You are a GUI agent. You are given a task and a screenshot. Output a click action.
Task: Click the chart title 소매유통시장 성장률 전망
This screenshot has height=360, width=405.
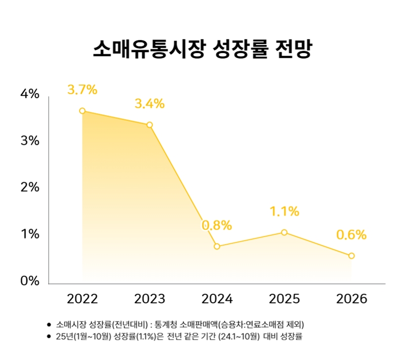click(x=202, y=49)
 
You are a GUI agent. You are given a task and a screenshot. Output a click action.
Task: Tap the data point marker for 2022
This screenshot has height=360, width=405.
click(x=82, y=111)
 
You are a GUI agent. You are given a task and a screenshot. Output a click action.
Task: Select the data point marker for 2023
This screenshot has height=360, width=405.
click(x=149, y=125)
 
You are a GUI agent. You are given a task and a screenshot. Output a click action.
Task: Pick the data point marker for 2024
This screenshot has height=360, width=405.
click(x=217, y=247)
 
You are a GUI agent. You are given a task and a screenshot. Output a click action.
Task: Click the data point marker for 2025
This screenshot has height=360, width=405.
click(x=284, y=232)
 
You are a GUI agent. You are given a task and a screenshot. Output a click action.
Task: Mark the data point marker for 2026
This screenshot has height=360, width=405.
click(x=351, y=256)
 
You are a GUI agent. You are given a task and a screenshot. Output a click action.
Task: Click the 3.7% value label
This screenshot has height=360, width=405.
click(x=82, y=90)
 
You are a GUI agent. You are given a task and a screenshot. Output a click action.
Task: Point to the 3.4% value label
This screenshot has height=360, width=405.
click(x=149, y=104)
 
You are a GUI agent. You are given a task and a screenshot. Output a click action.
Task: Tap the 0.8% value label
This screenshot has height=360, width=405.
click(x=217, y=225)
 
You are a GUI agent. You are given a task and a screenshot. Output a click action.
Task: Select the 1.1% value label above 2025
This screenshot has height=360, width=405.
click(x=284, y=211)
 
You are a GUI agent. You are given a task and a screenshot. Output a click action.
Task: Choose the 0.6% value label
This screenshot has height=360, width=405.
click(x=351, y=235)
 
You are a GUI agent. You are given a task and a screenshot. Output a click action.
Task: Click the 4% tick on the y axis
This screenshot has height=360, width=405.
click(x=30, y=94)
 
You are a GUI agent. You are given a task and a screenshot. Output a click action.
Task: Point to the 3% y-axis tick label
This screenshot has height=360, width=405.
click(x=30, y=141)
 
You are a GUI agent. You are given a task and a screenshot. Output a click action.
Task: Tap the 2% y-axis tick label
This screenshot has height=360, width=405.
click(x=30, y=188)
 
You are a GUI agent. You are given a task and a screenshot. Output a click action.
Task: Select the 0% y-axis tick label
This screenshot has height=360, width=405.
click(x=30, y=281)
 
